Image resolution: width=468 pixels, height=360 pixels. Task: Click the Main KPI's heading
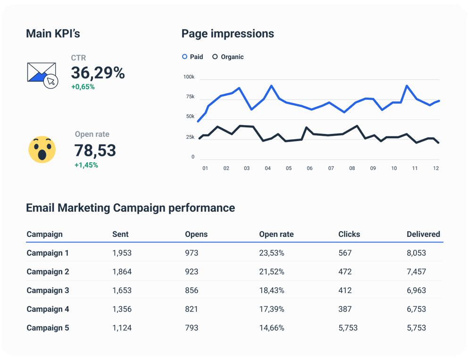pyautogui.click(x=53, y=33)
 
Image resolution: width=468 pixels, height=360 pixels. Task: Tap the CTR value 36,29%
pyautogui.click(x=98, y=73)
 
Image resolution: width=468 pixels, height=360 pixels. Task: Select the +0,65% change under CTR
pyautogui.click(x=83, y=87)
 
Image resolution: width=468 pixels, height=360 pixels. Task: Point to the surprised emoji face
pyautogui.click(x=42, y=150)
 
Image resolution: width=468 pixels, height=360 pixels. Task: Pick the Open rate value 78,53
pyautogui.click(x=95, y=151)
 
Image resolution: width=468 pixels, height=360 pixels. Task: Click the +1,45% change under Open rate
pyautogui.click(x=86, y=165)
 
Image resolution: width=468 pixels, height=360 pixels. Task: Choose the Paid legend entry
pyautogui.click(x=192, y=57)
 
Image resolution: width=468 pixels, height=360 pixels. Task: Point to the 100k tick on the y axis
pyautogui.click(x=189, y=76)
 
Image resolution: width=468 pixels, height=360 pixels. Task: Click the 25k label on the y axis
pyautogui.click(x=190, y=137)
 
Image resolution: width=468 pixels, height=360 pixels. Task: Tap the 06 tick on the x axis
pyautogui.click(x=309, y=168)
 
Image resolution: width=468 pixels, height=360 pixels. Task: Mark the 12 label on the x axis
pyautogui.click(x=436, y=168)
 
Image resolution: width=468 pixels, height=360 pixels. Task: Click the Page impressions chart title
pyautogui.click(x=227, y=33)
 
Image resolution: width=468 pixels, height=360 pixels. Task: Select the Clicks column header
pyautogui.click(x=349, y=234)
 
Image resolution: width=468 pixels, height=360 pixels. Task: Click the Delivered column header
pyautogui.click(x=423, y=234)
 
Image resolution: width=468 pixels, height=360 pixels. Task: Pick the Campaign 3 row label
pyautogui.click(x=48, y=290)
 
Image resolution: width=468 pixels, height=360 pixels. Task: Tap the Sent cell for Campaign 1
pyautogui.click(x=122, y=253)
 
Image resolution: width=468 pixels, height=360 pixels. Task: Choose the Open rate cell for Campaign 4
pyautogui.click(x=271, y=309)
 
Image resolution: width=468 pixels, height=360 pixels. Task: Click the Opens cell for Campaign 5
pyautogui.click(x=192, y=327)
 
